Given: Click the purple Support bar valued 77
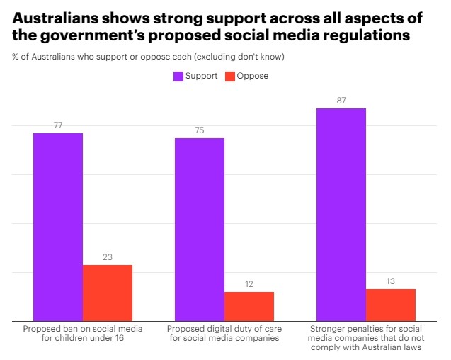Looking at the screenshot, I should (58, 227).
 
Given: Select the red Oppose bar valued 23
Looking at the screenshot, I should (108, 293).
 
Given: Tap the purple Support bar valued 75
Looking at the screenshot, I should (200, 229).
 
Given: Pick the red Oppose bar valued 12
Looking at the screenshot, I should (249, 306).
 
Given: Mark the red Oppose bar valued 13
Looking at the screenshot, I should (391, 305).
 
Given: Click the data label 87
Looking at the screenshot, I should (341, 101).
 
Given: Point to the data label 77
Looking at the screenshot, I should (58, 125).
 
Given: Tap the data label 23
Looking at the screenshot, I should (108, 257).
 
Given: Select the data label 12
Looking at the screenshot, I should (249, 284).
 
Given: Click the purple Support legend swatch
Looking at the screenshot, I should (178, 76).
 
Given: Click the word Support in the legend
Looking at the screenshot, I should (201, 76).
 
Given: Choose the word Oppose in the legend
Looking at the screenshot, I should (253, 76).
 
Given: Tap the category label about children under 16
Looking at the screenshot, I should (83, 334).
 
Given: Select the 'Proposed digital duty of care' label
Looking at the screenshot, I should (224, 334).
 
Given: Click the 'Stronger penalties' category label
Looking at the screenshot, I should (366, 338).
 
